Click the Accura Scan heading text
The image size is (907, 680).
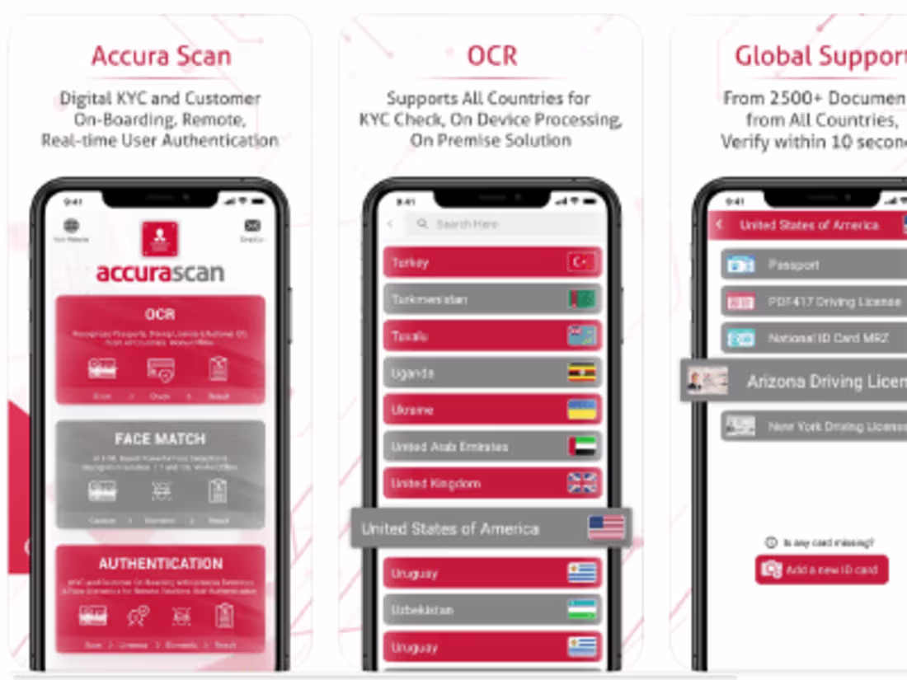pos(161,56)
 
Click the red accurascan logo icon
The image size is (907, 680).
pos(160,240)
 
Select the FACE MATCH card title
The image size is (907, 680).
pos(160,439)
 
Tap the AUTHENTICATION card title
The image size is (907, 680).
pos(160,564)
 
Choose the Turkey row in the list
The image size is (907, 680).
pos(492,263)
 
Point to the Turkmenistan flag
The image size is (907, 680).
pos(581,299)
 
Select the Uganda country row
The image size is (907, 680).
pos(492,373)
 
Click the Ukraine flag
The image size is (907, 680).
pos(581,410)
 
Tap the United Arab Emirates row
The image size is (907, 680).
pos(492,447)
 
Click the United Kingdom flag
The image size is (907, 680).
pos(581,483)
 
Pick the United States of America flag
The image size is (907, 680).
pos(606,528)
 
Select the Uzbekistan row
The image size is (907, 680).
pos(492,610)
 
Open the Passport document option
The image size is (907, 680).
pos(812,265)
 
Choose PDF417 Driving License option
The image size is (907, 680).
pos(812,302)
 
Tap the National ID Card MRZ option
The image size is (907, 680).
pos(812,338)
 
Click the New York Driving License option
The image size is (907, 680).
pos(812,426)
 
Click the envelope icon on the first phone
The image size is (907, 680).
pos(252,226)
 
